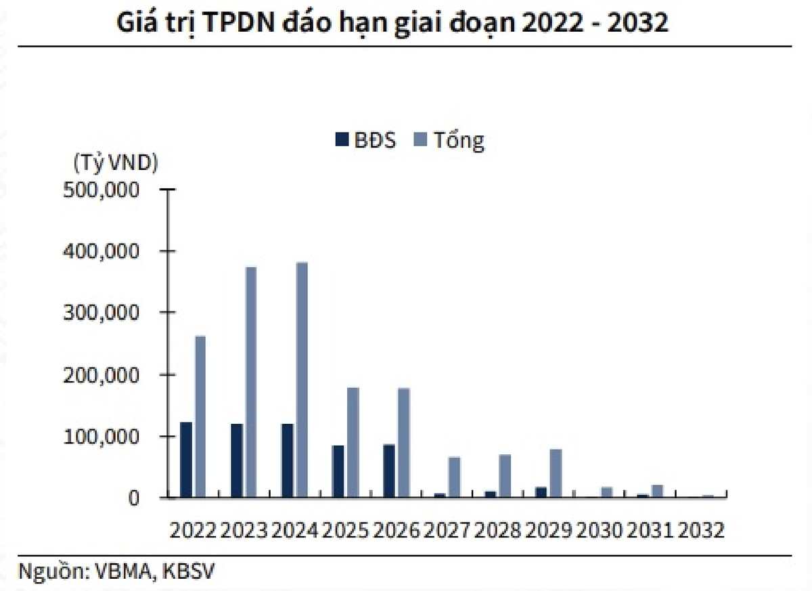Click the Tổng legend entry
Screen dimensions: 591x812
pyautogui.click(x=449, y=140)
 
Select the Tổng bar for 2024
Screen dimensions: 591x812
pyautogui.click(x=302, y=380)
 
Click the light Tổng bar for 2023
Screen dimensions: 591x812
pyautogui.click(x=251, y=382)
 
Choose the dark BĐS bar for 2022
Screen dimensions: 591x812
pyautogui.click(x=186, y=460)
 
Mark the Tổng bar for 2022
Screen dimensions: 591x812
pyautogui.click(x=200, y=416)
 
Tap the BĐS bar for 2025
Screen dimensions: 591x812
pyautogui.click(x=338, y=471)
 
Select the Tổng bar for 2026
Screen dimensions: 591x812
pyautogui.click(x=403, y=443)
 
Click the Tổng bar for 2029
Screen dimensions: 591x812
pyautogui.click(x=556, y=473)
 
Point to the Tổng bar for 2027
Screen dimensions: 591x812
pyautogui.click(x=454, y=477)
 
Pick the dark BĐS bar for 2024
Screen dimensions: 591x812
pyautogui.click(x=288, y=460)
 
